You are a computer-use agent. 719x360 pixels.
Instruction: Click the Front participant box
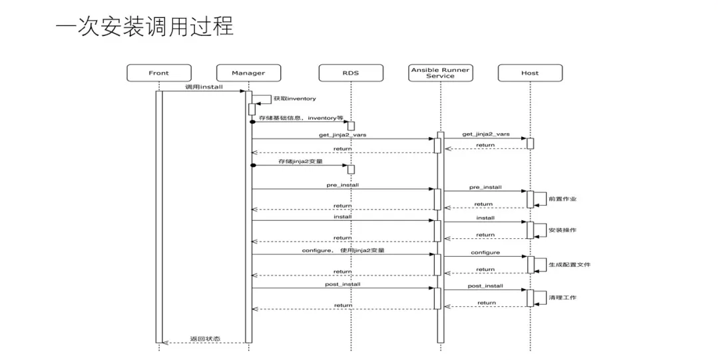(158, 73)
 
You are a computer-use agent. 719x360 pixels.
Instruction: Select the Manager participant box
(248, 73)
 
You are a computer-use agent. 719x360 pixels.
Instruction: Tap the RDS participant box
(350, 73)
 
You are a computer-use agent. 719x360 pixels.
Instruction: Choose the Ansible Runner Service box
(440, 73)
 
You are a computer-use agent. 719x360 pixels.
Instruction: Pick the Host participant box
(530, 73)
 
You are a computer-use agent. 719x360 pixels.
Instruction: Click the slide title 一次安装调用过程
(144, 27)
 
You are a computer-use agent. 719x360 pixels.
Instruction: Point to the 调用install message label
(204, 87)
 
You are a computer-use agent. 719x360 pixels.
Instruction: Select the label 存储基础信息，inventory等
(301, 118)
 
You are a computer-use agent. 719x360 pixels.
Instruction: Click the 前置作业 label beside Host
(563, 198)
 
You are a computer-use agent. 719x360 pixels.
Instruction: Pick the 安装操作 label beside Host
(563, 230)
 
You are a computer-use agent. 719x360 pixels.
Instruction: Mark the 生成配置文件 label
(569, 264)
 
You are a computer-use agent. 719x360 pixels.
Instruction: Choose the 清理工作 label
(563, 297)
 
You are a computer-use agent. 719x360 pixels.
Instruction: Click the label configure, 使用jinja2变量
(344, 250)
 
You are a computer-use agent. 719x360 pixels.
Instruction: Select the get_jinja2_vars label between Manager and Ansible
(343, 134)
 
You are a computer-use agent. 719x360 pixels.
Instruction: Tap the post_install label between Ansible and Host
(485, 285)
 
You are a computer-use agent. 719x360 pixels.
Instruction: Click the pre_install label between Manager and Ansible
(343, 185)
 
